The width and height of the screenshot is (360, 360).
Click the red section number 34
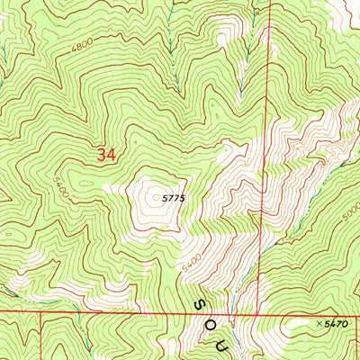coord(106,156)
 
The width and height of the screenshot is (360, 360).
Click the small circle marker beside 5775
coord(157,198)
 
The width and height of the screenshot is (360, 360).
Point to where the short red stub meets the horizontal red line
coord(42,312)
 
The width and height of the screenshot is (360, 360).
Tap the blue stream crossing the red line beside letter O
coord(229,314)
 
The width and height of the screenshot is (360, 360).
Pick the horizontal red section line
coord(135,312)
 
